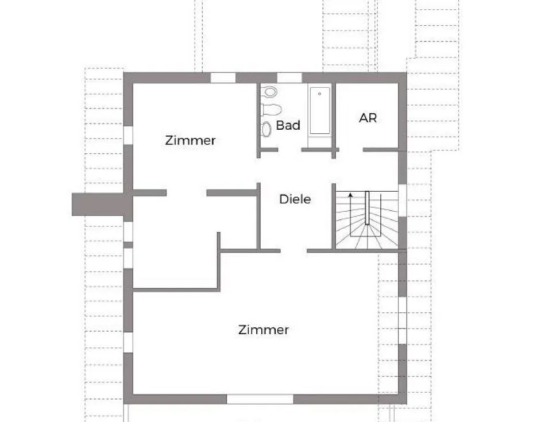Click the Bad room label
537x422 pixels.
pyautogui.click(x=288, y=125)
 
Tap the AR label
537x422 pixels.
pyautogui.click(x=368, y=118)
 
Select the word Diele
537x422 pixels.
pyautogui.click(x=295, y=199)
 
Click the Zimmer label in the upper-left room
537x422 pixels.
pyautogui.click(x=190, y=140)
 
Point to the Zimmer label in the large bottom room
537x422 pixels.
pyautogui.click(x=264, y=330)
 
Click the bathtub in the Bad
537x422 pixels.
pyautogui.click(x=320, y=110)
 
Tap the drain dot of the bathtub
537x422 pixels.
pyautogui.click(x=320, y=93)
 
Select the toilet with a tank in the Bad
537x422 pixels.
pyautogui.click(x=271, y=109)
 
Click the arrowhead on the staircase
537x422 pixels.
pyautogui.click(x=350, y=196)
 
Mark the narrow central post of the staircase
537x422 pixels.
pyautogui.click(x=367, y=208)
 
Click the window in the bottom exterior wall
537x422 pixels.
pyautogui.click(x=260, y=399)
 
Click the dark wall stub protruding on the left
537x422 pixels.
pyautogui.click(x=98, y=204)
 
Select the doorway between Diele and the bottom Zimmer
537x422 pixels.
pyautogui.click(x=293, y=251)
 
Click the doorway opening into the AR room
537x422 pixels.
pyautogui.click(x=350, y=150)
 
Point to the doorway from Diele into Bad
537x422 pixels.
pyautogui.click(x=290, y=150)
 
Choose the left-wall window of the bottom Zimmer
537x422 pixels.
pyautogui.click(x=129, y=342)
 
